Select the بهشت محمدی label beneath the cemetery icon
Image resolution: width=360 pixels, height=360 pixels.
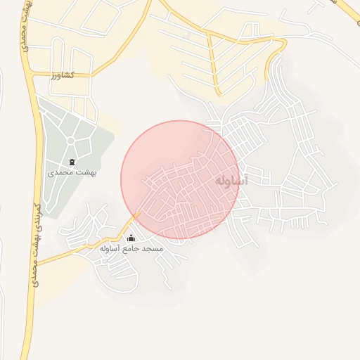72,171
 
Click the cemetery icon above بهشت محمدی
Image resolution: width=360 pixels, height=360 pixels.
72,162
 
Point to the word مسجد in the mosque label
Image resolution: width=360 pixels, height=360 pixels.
153,248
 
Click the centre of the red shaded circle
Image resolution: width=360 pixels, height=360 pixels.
181,179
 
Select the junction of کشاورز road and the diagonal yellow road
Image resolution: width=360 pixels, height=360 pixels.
91,75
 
